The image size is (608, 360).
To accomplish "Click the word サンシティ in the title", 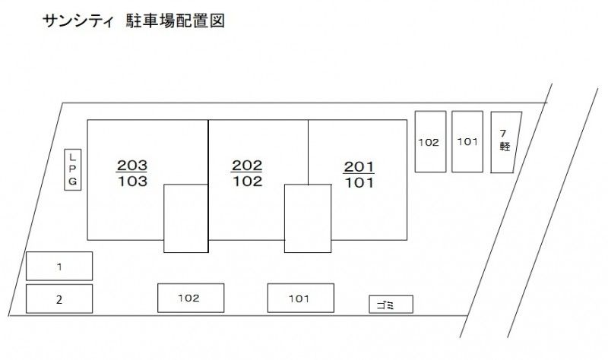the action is [x=79, y=21].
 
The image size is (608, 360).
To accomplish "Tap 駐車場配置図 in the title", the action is [x=176, y=21].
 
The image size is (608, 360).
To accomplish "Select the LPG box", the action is [x=72, y=169].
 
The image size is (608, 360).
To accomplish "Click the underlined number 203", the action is [x=131, y=166].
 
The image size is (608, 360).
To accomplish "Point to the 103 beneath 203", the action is [x=132, y=182].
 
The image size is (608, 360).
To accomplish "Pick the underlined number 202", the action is [x=246, y=166].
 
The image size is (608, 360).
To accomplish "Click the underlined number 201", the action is [x=359, y=167].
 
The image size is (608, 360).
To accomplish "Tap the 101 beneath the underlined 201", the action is [x=359, y=182].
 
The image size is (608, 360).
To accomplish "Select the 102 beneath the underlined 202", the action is [x=248, y=182].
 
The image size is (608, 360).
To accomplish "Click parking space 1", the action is [x=59, y=267].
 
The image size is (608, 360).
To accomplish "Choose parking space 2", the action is [x=59, y=298].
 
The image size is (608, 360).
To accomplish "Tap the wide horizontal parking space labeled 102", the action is [x=191, y=298].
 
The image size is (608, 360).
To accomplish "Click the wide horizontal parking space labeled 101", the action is [x=301, y=298].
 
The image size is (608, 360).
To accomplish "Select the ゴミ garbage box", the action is [x=391, y=305].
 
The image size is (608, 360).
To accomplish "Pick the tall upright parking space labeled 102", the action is [x=430, y=141].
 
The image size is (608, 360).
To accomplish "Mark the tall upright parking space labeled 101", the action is [x=467, y=141].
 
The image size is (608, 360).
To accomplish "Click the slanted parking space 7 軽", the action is [x=505, y=142].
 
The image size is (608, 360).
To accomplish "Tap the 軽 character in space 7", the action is [x=505, y=147].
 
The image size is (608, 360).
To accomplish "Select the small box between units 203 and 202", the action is [x=185, y=219].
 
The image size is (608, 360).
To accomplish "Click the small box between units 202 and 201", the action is [x=308, y=219].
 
